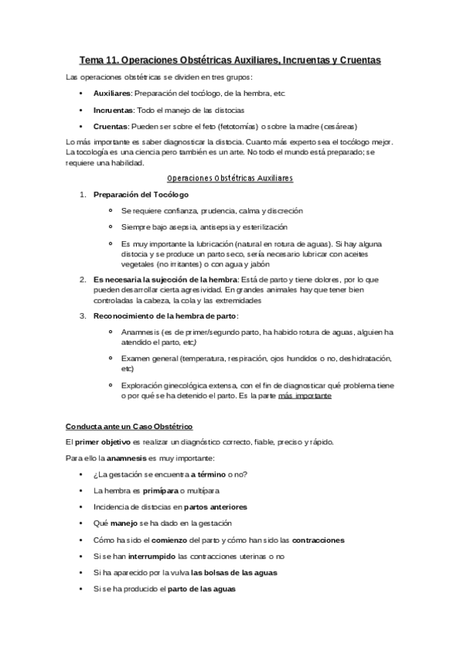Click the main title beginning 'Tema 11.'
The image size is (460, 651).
point(230,59)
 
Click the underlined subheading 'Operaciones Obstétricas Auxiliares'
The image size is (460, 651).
point(230,177)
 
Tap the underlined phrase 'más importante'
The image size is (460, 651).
point(305,396)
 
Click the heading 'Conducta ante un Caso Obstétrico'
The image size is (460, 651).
point(129,425)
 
